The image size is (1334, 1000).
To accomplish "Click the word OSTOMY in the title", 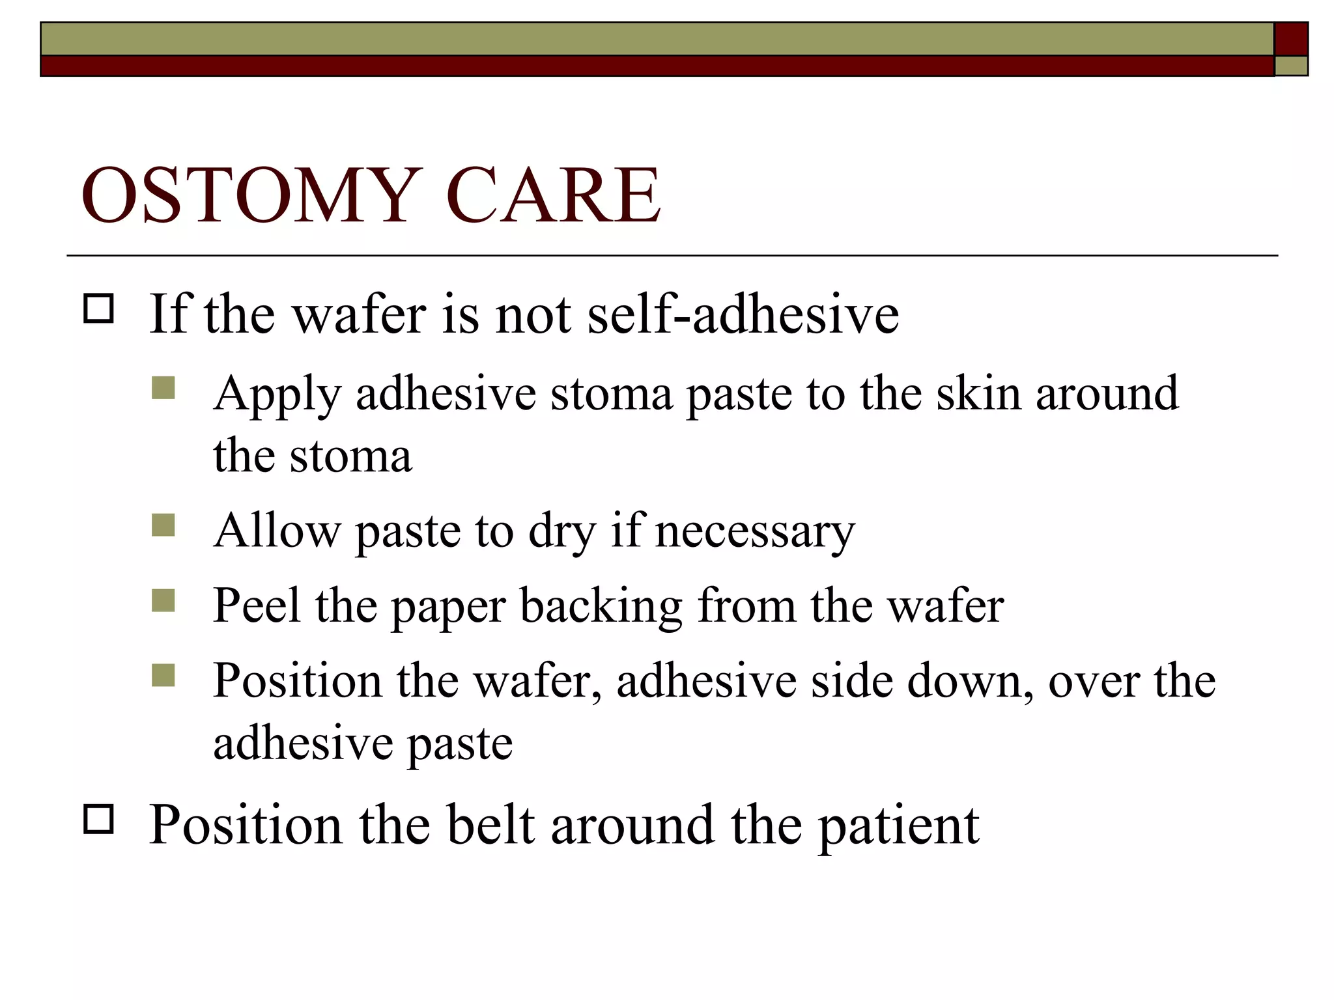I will click(248, 195).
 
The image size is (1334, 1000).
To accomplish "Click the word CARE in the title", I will click(553, 195).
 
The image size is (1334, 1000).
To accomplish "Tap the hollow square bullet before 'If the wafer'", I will click(98, 309).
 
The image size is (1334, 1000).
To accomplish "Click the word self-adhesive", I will click(743, 314).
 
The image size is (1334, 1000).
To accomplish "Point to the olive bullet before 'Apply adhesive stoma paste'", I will click(163, 388).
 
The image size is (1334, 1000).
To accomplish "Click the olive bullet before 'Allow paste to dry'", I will click(163, 525).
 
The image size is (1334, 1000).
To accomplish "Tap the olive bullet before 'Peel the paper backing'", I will click(163, 600).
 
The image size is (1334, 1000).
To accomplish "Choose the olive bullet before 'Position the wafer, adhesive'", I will click(163, 675).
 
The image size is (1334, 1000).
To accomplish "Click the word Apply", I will click(277, 395).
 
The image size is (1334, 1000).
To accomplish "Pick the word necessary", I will click(754, 531).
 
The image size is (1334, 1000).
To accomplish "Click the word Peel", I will click(257, 605).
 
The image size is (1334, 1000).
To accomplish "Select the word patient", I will click(898, 826).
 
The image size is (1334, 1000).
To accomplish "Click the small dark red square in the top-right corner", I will click(1291, 39).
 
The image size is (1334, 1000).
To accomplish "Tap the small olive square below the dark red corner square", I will click(1291, 66).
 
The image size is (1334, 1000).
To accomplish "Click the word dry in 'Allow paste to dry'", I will click(561, 533).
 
